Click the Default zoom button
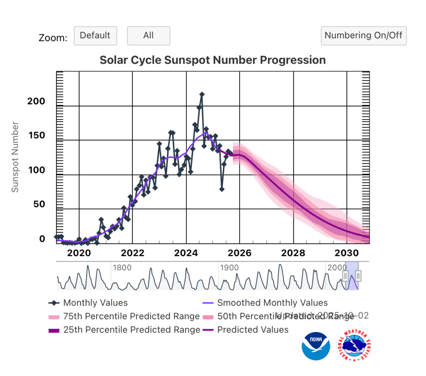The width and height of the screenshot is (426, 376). click(x=95, y=36)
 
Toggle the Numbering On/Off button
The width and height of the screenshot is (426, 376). click(x=363, y=36)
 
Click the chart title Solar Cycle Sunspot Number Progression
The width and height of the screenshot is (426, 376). click(x=213, y=60)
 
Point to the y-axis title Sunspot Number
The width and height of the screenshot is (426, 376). click(x=15, y=157)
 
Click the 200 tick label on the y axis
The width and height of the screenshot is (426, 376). click(x=36, y=102)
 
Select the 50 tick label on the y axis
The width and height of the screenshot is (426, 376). click(x=39, y=205)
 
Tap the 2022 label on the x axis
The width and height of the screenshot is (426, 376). click(x=132, y=253)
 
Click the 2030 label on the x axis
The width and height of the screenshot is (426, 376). click(x=347, y=253)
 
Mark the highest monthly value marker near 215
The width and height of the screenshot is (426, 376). click(x=202, y=95)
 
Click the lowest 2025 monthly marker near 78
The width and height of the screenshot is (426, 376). click(x=222, y=189)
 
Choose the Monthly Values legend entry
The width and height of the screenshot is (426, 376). click(x=95, y=303)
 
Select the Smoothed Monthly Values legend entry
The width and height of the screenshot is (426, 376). click(x=272, y=303)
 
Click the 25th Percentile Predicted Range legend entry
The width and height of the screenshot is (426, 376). click(x=131, y=330)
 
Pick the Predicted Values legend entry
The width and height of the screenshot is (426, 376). click(x=253, y=330)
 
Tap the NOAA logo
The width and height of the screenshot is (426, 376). click(x=316, y=346)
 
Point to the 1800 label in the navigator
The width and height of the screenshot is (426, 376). click(x=122, y=268)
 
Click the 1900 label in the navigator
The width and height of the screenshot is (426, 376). click(x=230, y=268)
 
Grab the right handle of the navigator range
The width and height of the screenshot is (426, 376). click(x=358, y=275)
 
